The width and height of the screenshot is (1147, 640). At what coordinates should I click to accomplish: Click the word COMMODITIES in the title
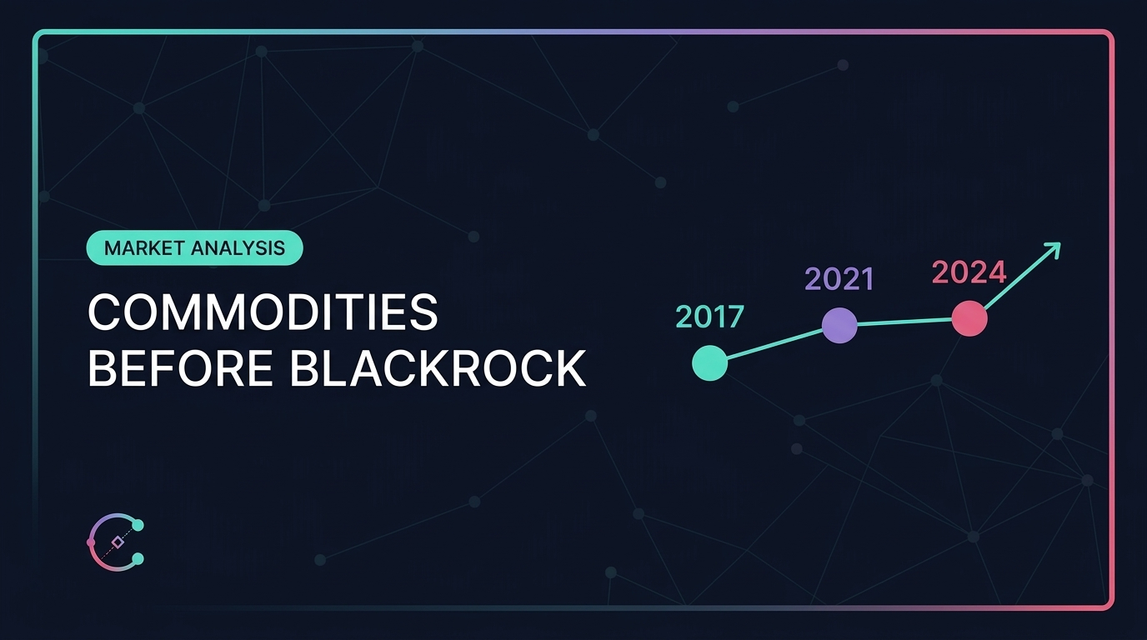click(263, 312)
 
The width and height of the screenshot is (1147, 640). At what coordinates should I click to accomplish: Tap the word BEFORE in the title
click(180, 368)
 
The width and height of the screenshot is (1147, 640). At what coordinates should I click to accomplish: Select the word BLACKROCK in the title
click(438, 368)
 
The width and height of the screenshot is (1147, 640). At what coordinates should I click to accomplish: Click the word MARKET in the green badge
click(144, 248)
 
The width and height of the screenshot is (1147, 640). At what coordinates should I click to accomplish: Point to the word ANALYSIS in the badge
click(238, 248)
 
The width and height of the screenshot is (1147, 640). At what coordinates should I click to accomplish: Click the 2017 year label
click(709, 317)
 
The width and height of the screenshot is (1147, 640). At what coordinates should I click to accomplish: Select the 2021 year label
click(839, 279)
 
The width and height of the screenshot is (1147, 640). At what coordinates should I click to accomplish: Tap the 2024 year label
click(969, 272)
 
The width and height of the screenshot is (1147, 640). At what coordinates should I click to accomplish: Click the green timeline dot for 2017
click(709, 362)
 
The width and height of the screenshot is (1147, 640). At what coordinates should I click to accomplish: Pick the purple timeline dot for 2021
click(839, 325)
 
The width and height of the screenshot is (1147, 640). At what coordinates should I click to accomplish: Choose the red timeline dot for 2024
click(969, 318)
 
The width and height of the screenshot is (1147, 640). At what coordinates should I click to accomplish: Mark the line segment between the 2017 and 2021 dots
click(774, 344)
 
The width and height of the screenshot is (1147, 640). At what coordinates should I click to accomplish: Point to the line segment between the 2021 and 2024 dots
click(904, 322)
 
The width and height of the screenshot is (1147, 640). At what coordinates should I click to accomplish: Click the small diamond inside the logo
click(118, 542)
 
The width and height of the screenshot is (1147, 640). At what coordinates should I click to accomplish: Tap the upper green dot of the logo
click(138, 525)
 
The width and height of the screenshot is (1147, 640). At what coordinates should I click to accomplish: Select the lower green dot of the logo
click(138, 559)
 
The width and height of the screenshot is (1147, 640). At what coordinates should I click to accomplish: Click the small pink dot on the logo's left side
click(91, 542)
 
